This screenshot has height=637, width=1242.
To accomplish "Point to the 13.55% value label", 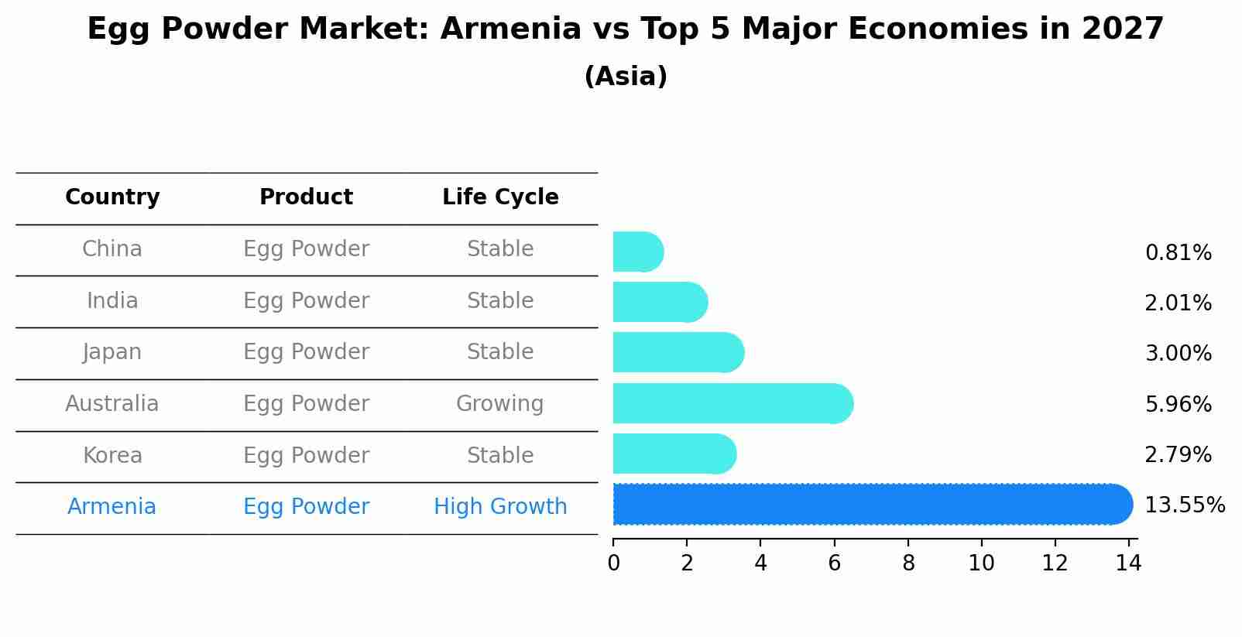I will coord(1184,505).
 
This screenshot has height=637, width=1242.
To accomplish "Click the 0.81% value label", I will coord(1178,253).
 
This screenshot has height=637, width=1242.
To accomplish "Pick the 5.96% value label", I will coord(1178,404).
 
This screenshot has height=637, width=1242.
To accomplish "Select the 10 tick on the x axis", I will coord(981,563).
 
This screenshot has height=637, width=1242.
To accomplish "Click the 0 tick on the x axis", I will coord(613,563).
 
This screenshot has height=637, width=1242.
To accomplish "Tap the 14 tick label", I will coord(1128,563).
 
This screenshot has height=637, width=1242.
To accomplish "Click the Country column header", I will coord(112,197).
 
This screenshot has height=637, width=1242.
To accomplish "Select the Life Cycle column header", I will coord(500,197).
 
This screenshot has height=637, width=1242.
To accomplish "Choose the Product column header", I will coord(306,197).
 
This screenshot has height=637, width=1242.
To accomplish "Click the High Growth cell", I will coord(500,507).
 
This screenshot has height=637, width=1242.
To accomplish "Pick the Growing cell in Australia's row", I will coord(500,404).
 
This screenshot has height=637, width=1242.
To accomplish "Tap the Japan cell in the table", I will coord(112,352).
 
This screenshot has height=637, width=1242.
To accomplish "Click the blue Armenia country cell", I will coord(112,507).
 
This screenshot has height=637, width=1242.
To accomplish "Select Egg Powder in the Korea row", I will coord(306,455).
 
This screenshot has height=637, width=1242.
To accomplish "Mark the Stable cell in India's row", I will coord(500,301).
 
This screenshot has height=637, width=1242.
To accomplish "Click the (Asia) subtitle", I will coord(626,77).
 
